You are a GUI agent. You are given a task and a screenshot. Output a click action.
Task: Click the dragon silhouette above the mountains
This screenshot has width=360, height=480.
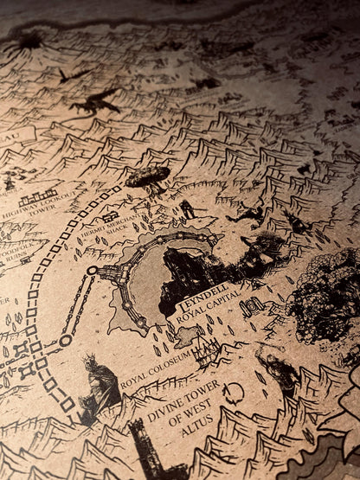(x=95, y=101)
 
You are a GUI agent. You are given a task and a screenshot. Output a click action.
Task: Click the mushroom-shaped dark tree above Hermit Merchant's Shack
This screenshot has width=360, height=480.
(x=148, y=178)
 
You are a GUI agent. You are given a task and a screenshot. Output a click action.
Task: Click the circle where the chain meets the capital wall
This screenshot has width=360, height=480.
(x=93, y=270)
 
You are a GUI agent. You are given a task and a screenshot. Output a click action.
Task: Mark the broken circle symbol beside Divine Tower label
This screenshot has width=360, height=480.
(x=232, y=394)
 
